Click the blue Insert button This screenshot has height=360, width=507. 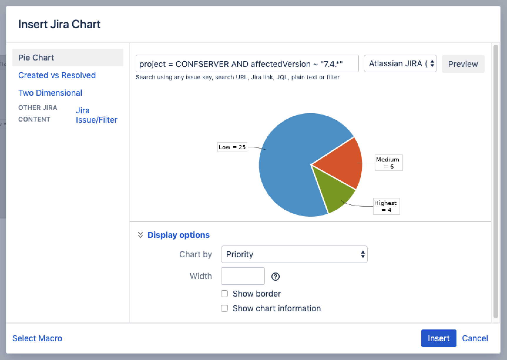439,338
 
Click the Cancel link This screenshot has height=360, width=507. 475,338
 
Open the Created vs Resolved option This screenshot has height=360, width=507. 57,75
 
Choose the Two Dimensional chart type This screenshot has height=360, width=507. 50,93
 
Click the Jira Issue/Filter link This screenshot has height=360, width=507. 96,115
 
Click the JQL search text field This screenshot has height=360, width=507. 247,64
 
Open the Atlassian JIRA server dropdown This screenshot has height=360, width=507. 400,64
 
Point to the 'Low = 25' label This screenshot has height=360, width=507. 232,147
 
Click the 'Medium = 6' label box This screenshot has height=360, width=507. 388,163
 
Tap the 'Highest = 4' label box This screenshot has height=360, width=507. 386,206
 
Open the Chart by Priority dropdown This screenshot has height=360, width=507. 294,254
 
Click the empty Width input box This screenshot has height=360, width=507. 243,276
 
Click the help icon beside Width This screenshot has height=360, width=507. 275,276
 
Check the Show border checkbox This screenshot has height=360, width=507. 224,294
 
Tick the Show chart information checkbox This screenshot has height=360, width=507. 224,308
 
